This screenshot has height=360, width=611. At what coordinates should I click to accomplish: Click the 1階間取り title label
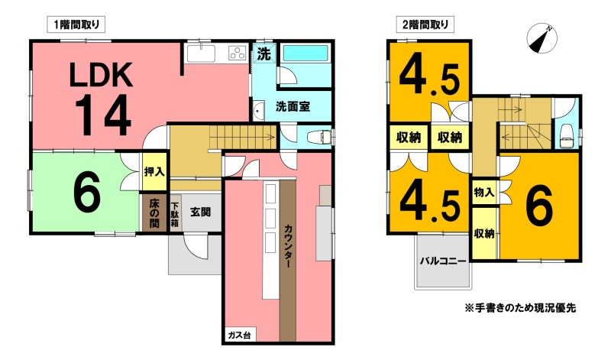tap(76, 25)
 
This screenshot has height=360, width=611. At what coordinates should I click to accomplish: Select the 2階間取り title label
tap(425, 25)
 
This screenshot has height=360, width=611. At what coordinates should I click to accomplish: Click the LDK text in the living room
tap(101, 75)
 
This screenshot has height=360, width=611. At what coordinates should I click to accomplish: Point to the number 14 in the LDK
tap(102, 115)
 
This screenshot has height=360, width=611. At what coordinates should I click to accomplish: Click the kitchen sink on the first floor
tap(201, 54)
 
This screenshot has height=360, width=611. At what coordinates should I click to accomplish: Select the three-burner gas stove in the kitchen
tap(238, 53)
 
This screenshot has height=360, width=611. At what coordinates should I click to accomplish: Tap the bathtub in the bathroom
tap(305, 53)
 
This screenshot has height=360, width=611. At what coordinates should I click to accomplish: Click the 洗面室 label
tap(293, 106)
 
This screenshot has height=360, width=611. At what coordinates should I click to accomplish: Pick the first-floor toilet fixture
tap(319, 138)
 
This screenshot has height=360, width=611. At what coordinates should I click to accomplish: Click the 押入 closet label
tap(154, 171)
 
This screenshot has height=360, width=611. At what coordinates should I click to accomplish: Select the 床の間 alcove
tap(154, 213)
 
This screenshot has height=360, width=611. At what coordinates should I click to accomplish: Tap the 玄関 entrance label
tap(200, 212)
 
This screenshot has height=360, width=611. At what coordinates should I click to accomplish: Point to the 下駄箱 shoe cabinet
tap(175, 214)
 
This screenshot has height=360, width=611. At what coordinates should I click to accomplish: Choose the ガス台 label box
tap(239, 335)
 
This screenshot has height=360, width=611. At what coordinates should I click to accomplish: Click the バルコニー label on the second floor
tap(443, 261)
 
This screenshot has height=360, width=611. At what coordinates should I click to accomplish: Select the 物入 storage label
tap(484, 192)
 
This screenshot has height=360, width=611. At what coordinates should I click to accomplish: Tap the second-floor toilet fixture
tap(566, 136)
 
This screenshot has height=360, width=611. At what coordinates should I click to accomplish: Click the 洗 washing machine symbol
tap(264, 54)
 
